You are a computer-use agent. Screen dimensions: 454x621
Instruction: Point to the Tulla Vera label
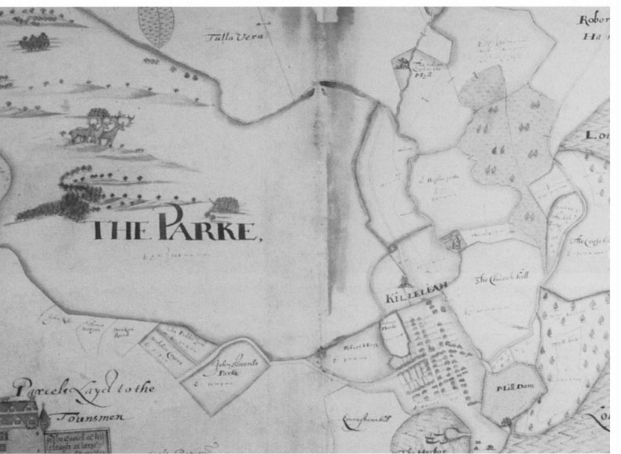[235, 37]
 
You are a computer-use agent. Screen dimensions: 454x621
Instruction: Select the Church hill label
[502, 278]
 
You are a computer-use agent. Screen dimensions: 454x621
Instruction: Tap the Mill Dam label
[513, 388]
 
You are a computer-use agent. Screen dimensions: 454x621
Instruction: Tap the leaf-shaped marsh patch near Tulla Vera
[156, 26]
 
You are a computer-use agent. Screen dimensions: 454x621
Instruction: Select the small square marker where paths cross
[392, 248]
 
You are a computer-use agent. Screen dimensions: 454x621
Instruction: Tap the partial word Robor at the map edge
[594, 20]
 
